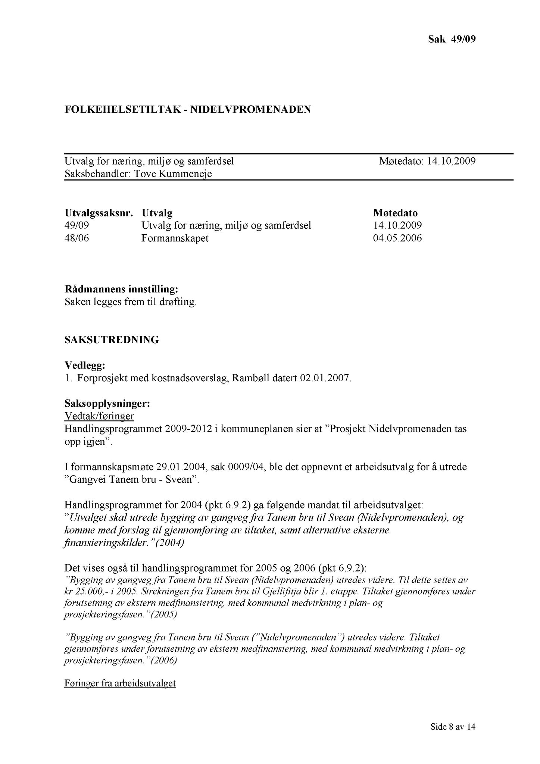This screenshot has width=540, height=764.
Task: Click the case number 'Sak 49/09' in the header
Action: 452,39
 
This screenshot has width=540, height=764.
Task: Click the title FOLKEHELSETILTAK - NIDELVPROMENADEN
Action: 187,109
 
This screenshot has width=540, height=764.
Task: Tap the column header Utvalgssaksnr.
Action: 99,213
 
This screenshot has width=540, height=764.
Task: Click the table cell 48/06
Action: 77,238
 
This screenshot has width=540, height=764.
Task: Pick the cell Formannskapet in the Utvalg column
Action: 175,238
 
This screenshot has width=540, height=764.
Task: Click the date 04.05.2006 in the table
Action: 397,238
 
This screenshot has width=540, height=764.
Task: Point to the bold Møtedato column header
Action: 395,213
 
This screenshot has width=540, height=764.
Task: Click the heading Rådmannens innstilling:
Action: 121,289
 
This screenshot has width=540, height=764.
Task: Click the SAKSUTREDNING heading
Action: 112,340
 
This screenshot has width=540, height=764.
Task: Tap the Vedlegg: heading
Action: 85,364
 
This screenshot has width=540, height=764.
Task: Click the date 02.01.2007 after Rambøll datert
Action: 325,378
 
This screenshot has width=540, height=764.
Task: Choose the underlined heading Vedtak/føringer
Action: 99,416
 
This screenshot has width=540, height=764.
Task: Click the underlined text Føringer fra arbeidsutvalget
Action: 120,683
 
